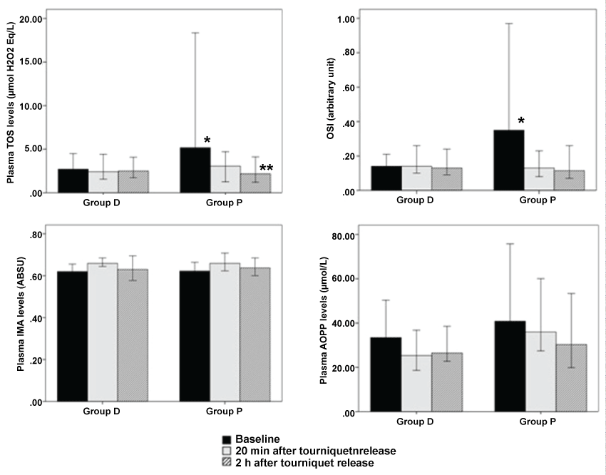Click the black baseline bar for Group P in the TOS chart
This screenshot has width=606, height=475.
pos(195,170)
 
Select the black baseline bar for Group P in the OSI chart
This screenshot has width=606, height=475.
pos(509,160)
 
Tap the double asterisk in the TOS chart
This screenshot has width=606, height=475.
pos(266,169)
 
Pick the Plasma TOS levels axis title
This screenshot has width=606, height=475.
pos(11,104)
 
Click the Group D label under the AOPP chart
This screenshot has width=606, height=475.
pos(416,421)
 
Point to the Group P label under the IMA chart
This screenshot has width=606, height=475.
pos(223,411)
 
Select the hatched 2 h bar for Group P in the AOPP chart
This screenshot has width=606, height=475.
pos(570,378)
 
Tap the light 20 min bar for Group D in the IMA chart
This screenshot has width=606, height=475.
pos(102,332)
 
